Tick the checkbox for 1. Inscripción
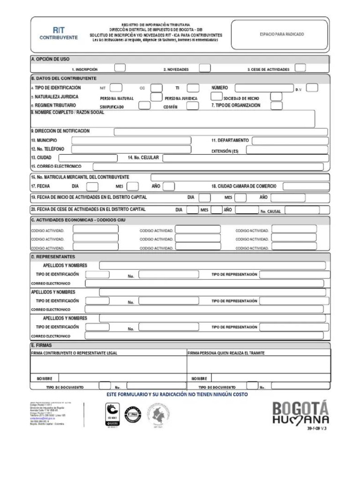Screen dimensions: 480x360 120,67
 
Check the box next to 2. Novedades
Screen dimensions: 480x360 204,67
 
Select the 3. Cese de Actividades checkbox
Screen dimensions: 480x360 300,67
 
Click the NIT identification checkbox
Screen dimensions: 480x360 116,88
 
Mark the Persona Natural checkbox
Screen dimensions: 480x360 157,97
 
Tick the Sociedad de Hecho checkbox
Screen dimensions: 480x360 276,97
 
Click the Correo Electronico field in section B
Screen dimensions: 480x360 208,166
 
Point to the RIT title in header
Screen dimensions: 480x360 59,29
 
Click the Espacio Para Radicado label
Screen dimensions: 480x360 282,34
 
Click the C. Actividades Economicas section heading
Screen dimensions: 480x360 78,219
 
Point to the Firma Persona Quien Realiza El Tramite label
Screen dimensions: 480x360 226,353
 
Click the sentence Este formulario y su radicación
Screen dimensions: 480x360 178,394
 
